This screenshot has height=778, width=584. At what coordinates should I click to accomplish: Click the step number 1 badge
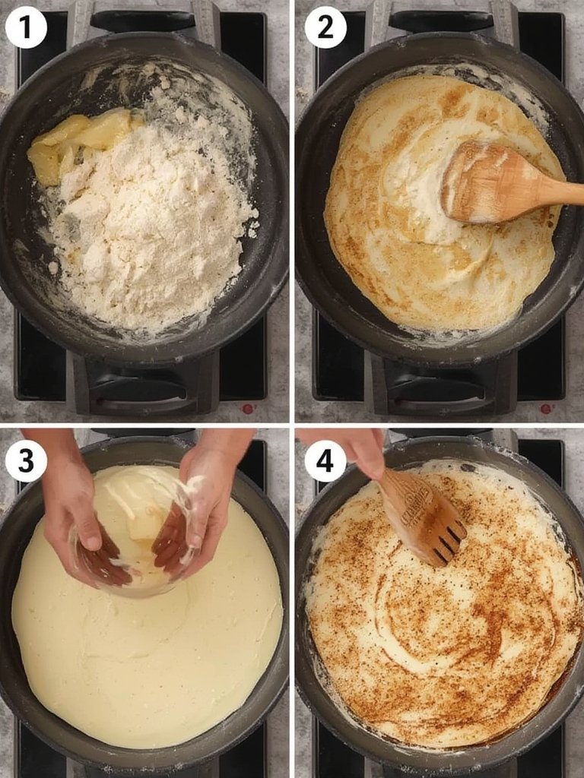tap(26, 28)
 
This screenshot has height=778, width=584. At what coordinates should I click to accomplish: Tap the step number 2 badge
tap(325, 28)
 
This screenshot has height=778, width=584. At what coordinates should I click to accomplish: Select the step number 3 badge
tap(26, 461)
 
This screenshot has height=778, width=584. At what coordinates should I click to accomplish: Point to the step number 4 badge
tap(325, 461)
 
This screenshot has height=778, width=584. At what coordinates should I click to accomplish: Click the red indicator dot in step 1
tap(247, 408)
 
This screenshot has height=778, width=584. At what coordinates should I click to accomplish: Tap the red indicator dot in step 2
tap(546, 408)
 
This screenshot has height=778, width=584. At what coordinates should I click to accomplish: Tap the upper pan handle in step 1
tap(144, 21)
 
